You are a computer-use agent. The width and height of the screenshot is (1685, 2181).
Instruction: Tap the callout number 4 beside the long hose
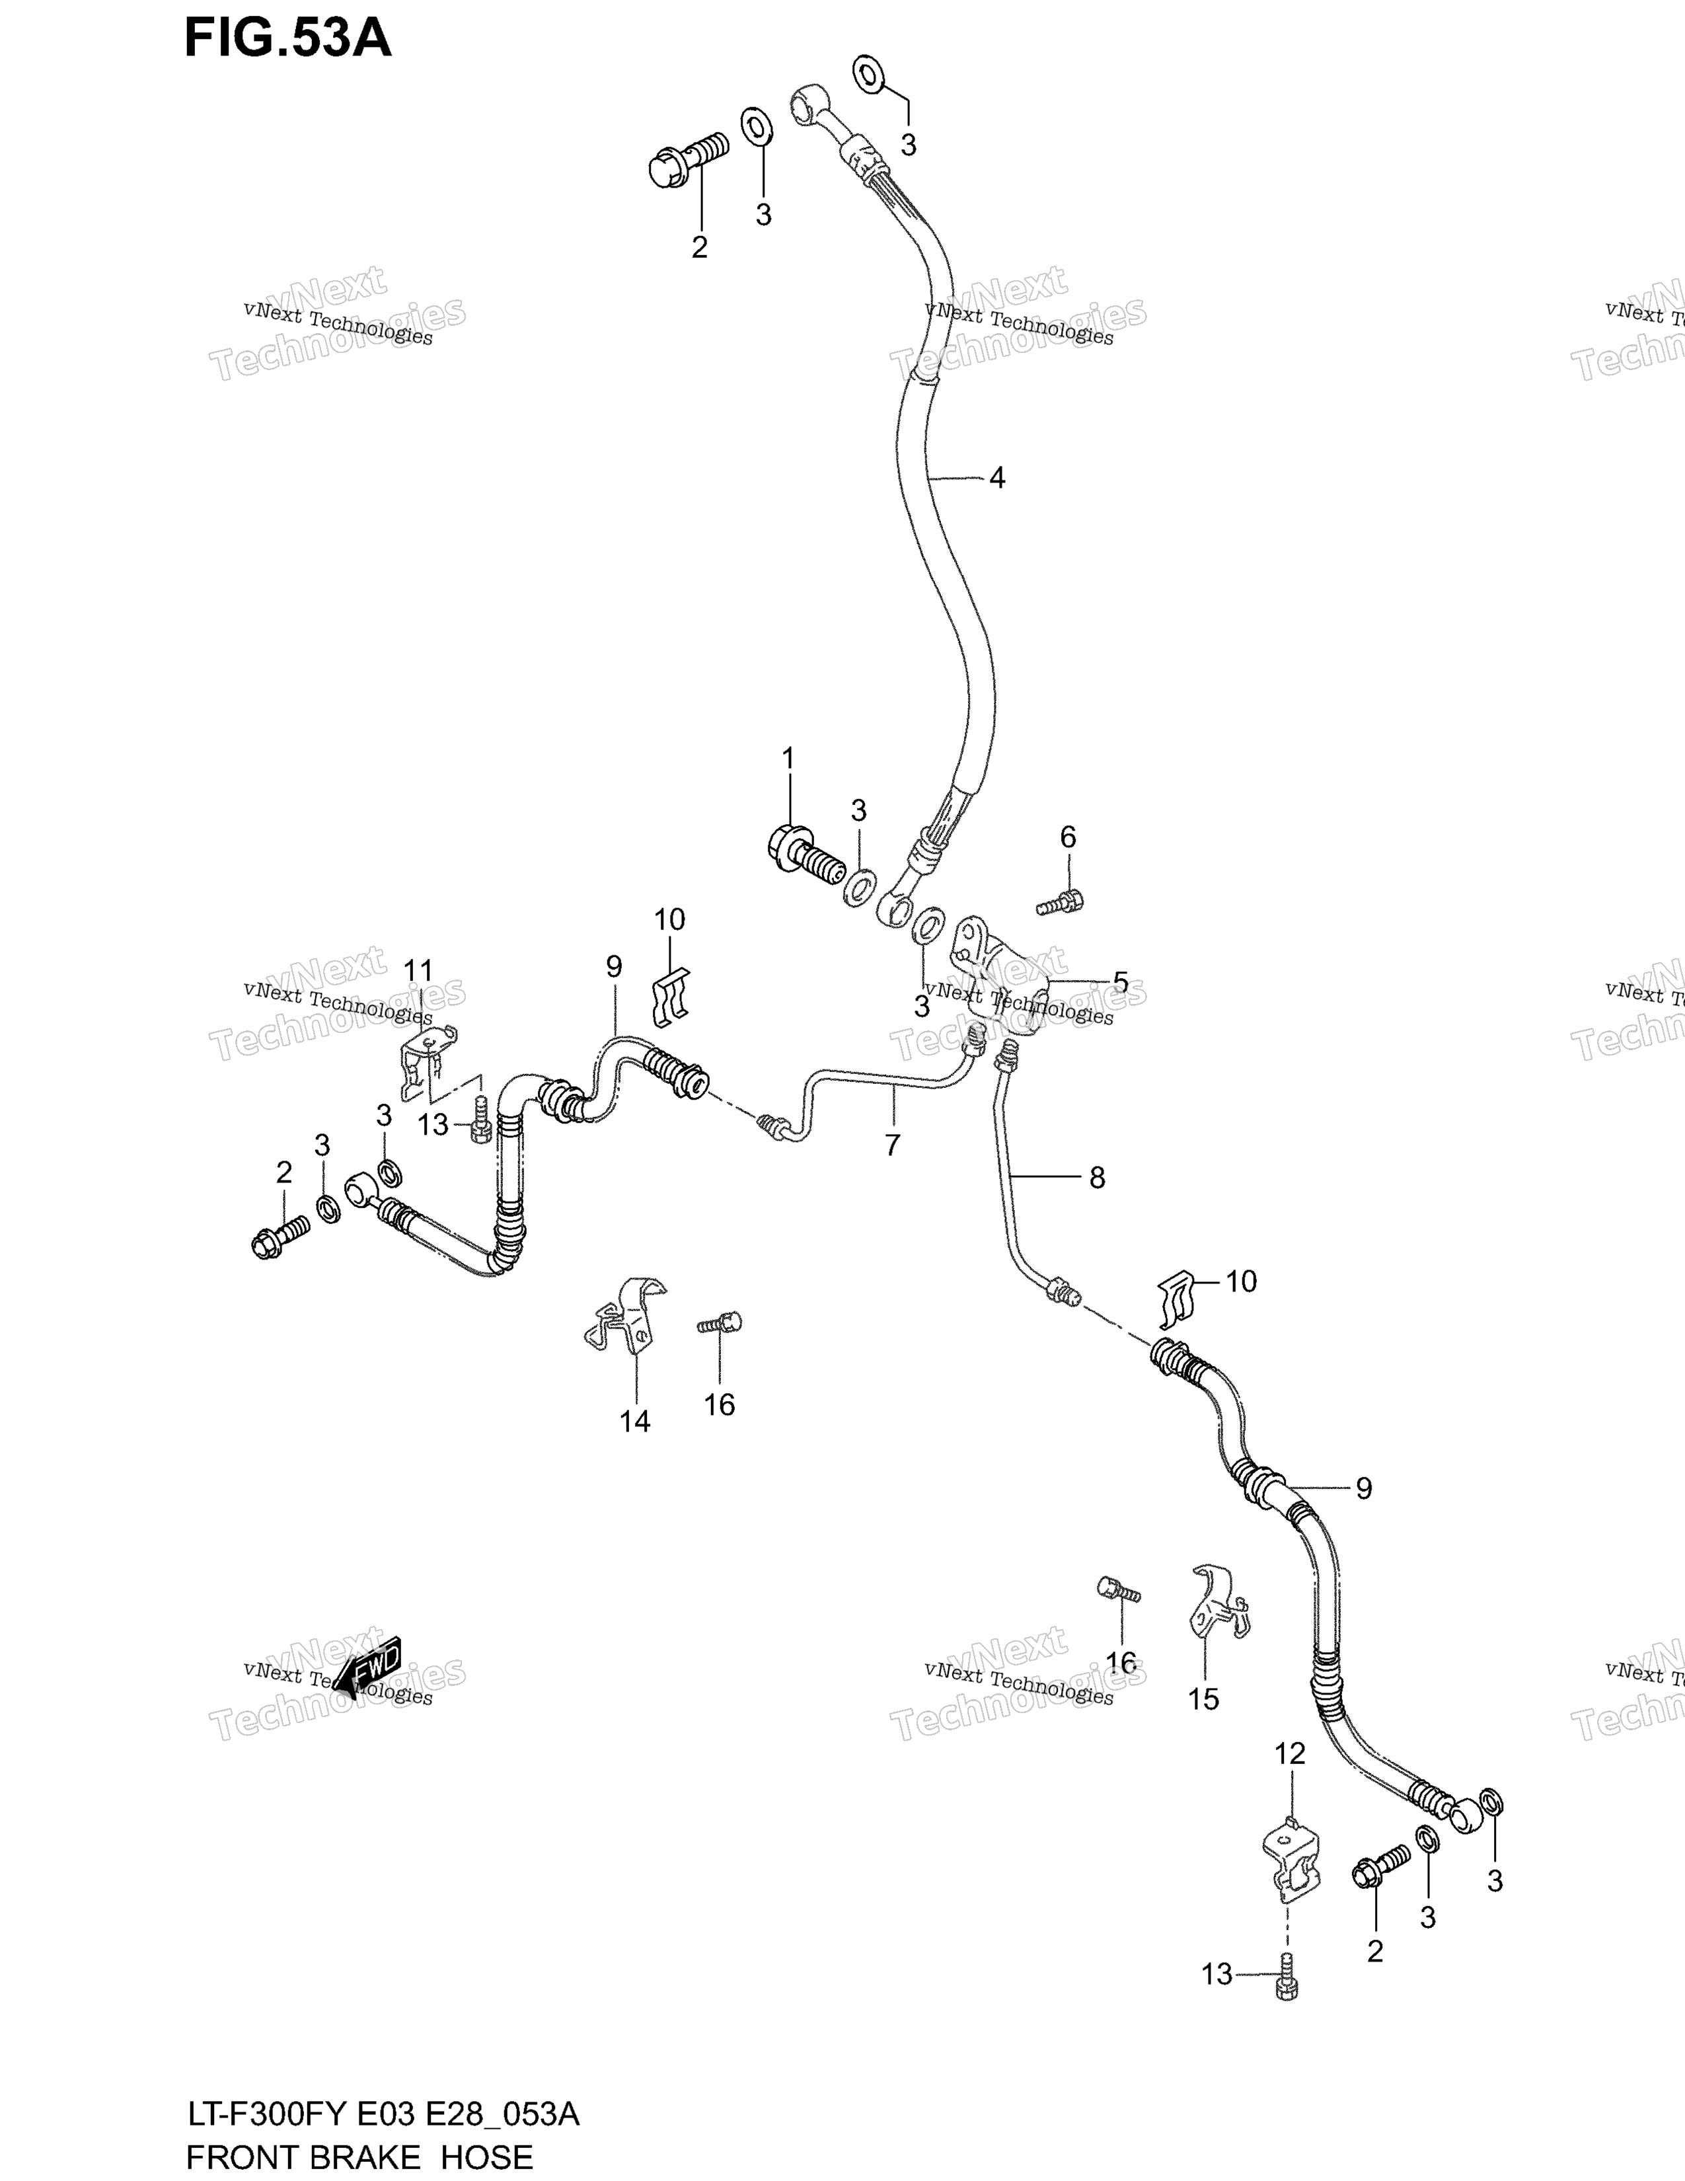coord(996,478)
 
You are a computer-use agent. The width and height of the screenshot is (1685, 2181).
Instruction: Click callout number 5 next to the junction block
coord(1121,983)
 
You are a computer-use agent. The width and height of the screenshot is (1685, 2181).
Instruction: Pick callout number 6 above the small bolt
coord(1068,837)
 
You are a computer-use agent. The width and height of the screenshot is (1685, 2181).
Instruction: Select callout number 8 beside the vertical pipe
coord(1097,1178)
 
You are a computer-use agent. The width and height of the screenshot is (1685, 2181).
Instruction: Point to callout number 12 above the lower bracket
coord(1290,1753)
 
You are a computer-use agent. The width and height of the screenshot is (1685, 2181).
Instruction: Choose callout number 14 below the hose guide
coord(635,1421)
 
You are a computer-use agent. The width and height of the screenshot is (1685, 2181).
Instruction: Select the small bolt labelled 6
coord(1060,901)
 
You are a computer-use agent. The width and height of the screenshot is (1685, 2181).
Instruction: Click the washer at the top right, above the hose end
coord(868,74)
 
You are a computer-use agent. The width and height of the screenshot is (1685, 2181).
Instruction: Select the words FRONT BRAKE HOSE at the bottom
coord(359,2157)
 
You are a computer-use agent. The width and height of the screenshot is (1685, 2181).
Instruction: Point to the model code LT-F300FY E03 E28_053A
coord(383,2114)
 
